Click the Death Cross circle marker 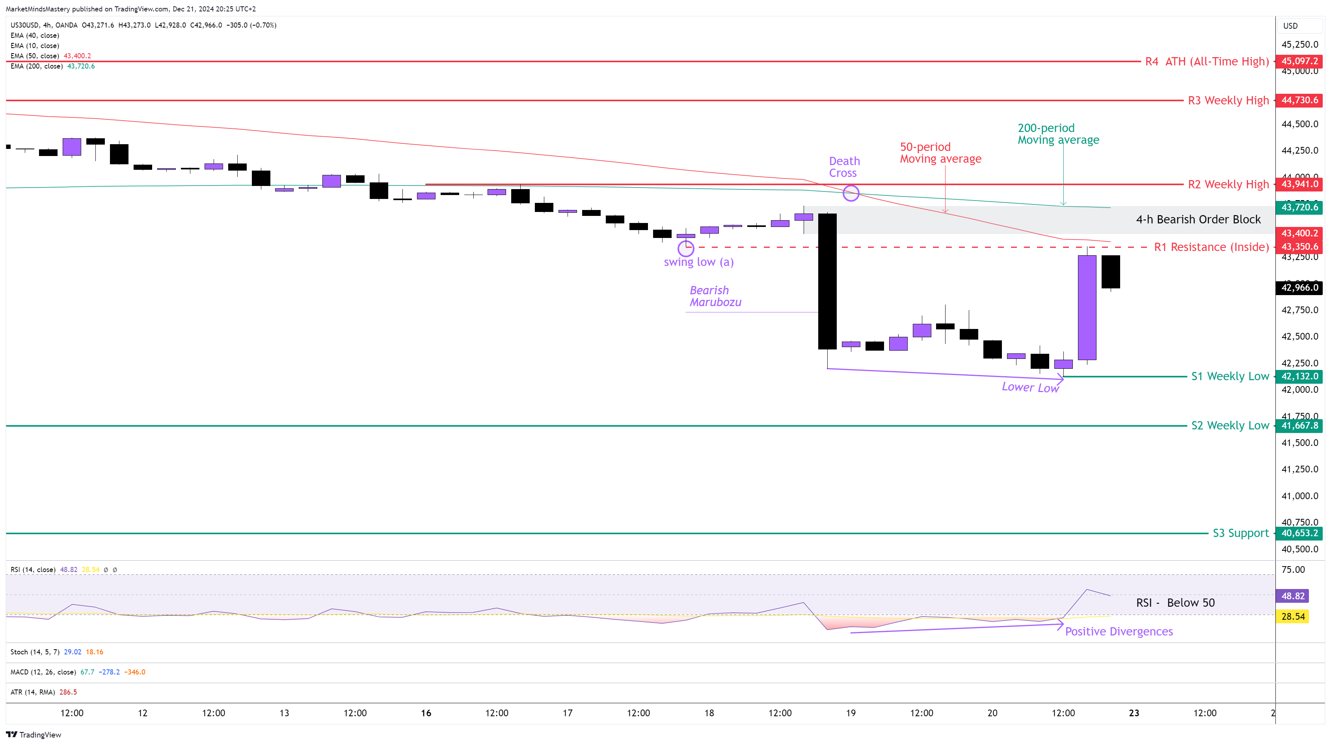851,193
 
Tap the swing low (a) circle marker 686,248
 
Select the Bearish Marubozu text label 715,296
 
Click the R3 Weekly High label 1228,100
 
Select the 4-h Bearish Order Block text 1198,219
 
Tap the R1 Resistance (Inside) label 1211,247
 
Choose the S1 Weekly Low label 1230,376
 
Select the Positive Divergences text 1119,631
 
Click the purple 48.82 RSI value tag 1293,596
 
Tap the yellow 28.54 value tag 1293,616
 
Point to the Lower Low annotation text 1030,387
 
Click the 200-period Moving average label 1058,134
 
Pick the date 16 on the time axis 426,713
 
